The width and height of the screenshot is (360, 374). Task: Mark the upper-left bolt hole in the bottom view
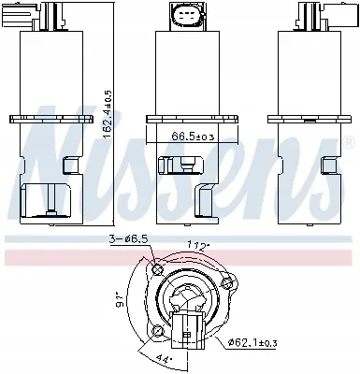(155, 271)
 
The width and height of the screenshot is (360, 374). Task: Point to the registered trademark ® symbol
(349, 142)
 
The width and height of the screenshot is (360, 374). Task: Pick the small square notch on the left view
(66, 165)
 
